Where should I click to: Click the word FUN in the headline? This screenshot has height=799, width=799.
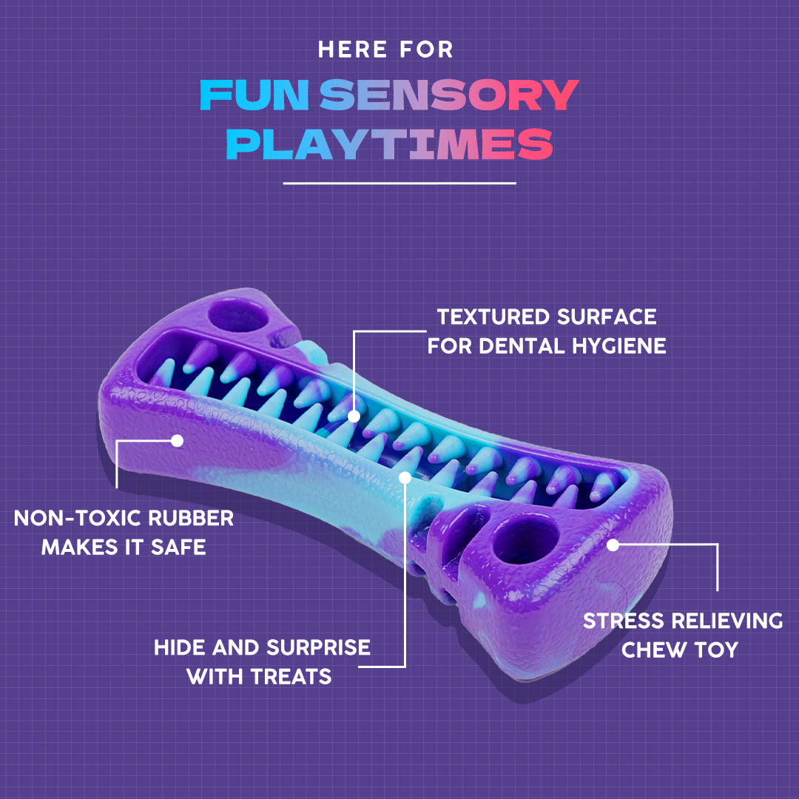[253, 95]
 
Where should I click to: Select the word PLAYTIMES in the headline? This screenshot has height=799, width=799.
[389, 144]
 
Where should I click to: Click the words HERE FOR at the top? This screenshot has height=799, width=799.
[385, 50]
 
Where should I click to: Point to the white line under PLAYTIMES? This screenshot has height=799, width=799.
[399, 182]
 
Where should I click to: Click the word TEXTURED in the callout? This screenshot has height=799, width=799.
[491, 317]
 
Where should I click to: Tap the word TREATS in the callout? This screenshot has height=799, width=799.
[291, 676]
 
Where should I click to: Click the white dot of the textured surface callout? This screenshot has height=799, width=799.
[354, 416]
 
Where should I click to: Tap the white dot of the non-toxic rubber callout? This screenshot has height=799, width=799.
[177, 440]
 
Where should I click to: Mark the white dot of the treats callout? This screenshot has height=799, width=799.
[405, 477]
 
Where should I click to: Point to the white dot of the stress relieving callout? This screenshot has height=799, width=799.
[612, 545]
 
